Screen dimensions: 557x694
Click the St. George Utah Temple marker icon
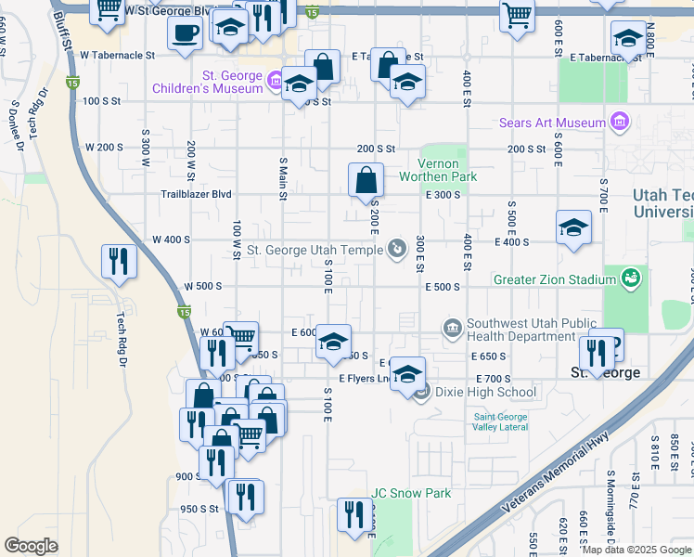[x=397, y=249]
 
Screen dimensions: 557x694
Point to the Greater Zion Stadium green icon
[x=632, y=278]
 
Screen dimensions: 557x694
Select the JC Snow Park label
[x=411, y=493]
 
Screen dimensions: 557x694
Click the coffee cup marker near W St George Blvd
[x=186, y=33]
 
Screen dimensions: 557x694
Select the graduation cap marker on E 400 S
[x=574, y=227]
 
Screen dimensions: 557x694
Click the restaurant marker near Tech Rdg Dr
[x=119, y=260]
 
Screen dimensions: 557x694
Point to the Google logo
[x=31, y=546]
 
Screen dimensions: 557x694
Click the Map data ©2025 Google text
[x=636, y=550]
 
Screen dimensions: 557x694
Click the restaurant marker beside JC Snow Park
[x=353, y=515]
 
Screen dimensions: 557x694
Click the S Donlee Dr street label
[x=16, y=123]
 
